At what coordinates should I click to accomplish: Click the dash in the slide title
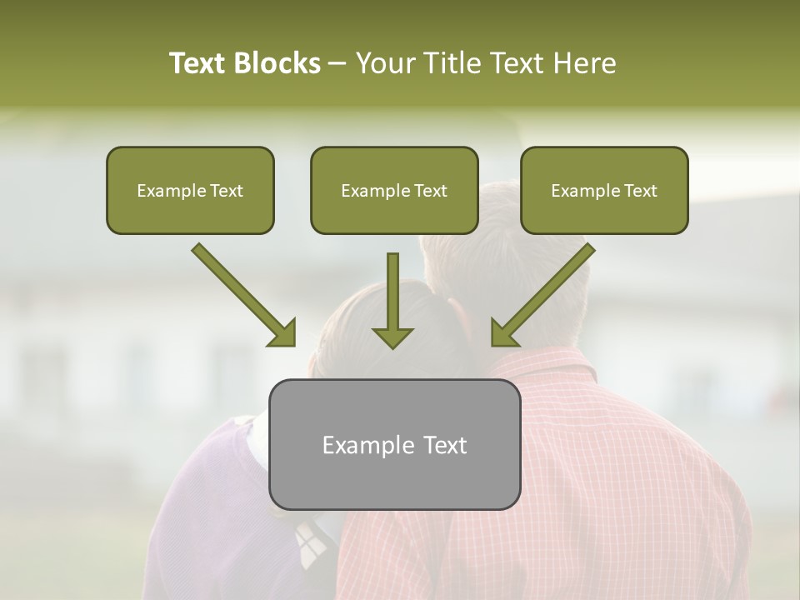(337, 64)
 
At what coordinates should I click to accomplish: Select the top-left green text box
(190, 190)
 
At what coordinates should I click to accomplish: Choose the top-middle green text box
(394, 190)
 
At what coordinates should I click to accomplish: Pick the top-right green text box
(604, 190)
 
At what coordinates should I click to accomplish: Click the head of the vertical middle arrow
(392, 337)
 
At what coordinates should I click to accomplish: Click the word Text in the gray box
(443, 445)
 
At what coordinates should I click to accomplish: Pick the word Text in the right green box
(640, 191)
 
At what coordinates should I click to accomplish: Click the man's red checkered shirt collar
(542, 363)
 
